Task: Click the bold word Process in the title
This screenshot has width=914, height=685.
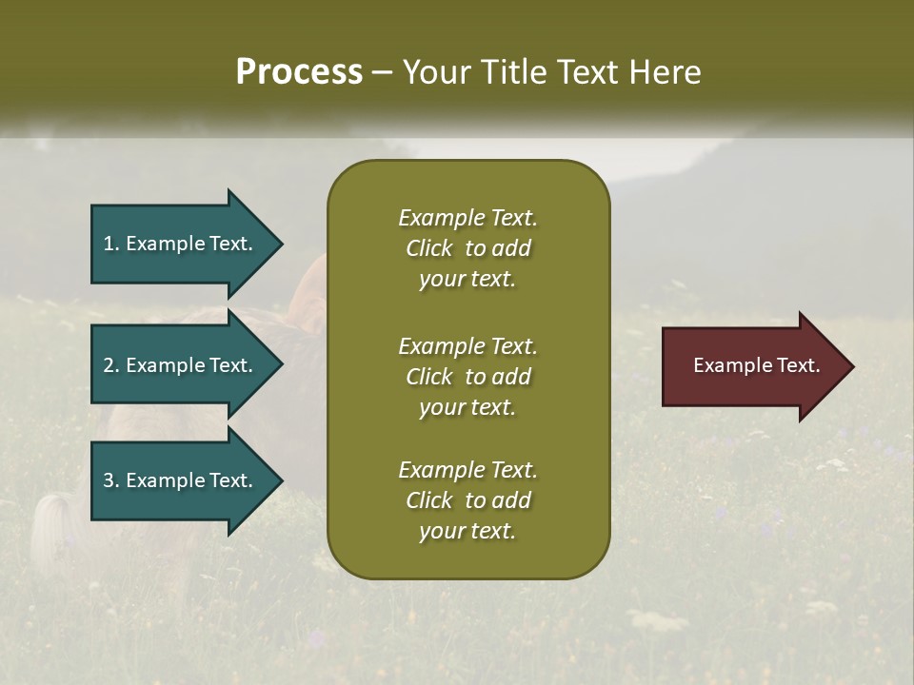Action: pos(299,72)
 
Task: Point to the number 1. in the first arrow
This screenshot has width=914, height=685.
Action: pos(111,244)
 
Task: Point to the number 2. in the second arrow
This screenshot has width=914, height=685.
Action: pos(111,365)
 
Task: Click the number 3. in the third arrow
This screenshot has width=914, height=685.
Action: pos(111,480)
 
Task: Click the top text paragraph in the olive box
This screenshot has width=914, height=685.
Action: pos(467,248)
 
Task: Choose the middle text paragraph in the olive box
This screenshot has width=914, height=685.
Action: pos(467,376)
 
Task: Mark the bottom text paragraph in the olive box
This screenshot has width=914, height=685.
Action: pos(467,500)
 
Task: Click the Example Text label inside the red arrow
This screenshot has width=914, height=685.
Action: pos(756,365)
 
